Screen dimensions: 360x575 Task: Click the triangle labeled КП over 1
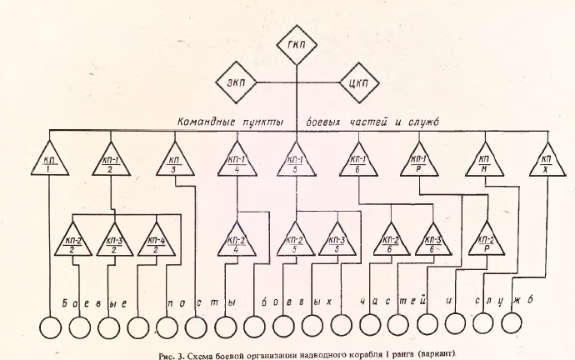pos(49,161)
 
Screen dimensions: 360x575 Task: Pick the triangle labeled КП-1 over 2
pos(110,161)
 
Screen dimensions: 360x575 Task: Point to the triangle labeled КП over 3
pos(172,161)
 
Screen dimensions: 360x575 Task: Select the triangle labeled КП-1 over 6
pos(357,161)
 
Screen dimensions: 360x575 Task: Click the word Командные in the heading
pos(207,122)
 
